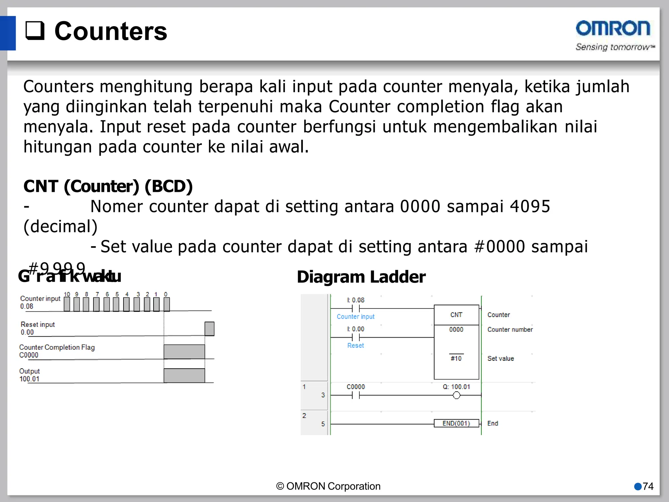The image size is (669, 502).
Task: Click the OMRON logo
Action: (x=613, y=28)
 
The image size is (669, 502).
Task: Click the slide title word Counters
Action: (x=110, y=31)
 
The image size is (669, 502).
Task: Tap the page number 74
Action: (x=648, y=486)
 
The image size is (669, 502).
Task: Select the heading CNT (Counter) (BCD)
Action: (x=108, y=186)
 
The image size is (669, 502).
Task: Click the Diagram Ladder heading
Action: (x=361, y=277)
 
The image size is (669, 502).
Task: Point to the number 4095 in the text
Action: (x=530, y=207)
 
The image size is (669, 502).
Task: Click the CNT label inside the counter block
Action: (x=456, y=315)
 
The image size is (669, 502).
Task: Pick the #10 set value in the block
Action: (x=456, y=359)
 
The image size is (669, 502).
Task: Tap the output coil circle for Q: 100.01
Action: (x=456, y=395)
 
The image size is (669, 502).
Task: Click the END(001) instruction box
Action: (x=456, y=424)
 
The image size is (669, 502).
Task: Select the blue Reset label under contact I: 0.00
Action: (x=355, y=345)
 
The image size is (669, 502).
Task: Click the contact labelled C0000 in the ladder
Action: (x=355, y=395)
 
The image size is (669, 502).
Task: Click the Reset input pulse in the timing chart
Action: (x=209, y=329)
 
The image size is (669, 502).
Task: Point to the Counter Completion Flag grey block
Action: (x=184, y=352)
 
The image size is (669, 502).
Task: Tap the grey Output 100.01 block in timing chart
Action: (x=184, y=376)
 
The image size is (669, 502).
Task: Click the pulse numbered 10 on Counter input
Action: (x=67, y=304)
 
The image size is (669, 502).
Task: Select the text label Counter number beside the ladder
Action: (x=510, y=329)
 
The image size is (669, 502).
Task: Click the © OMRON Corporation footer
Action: (x=328, y=486)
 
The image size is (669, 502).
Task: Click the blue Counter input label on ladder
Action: (x=355, y=317)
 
